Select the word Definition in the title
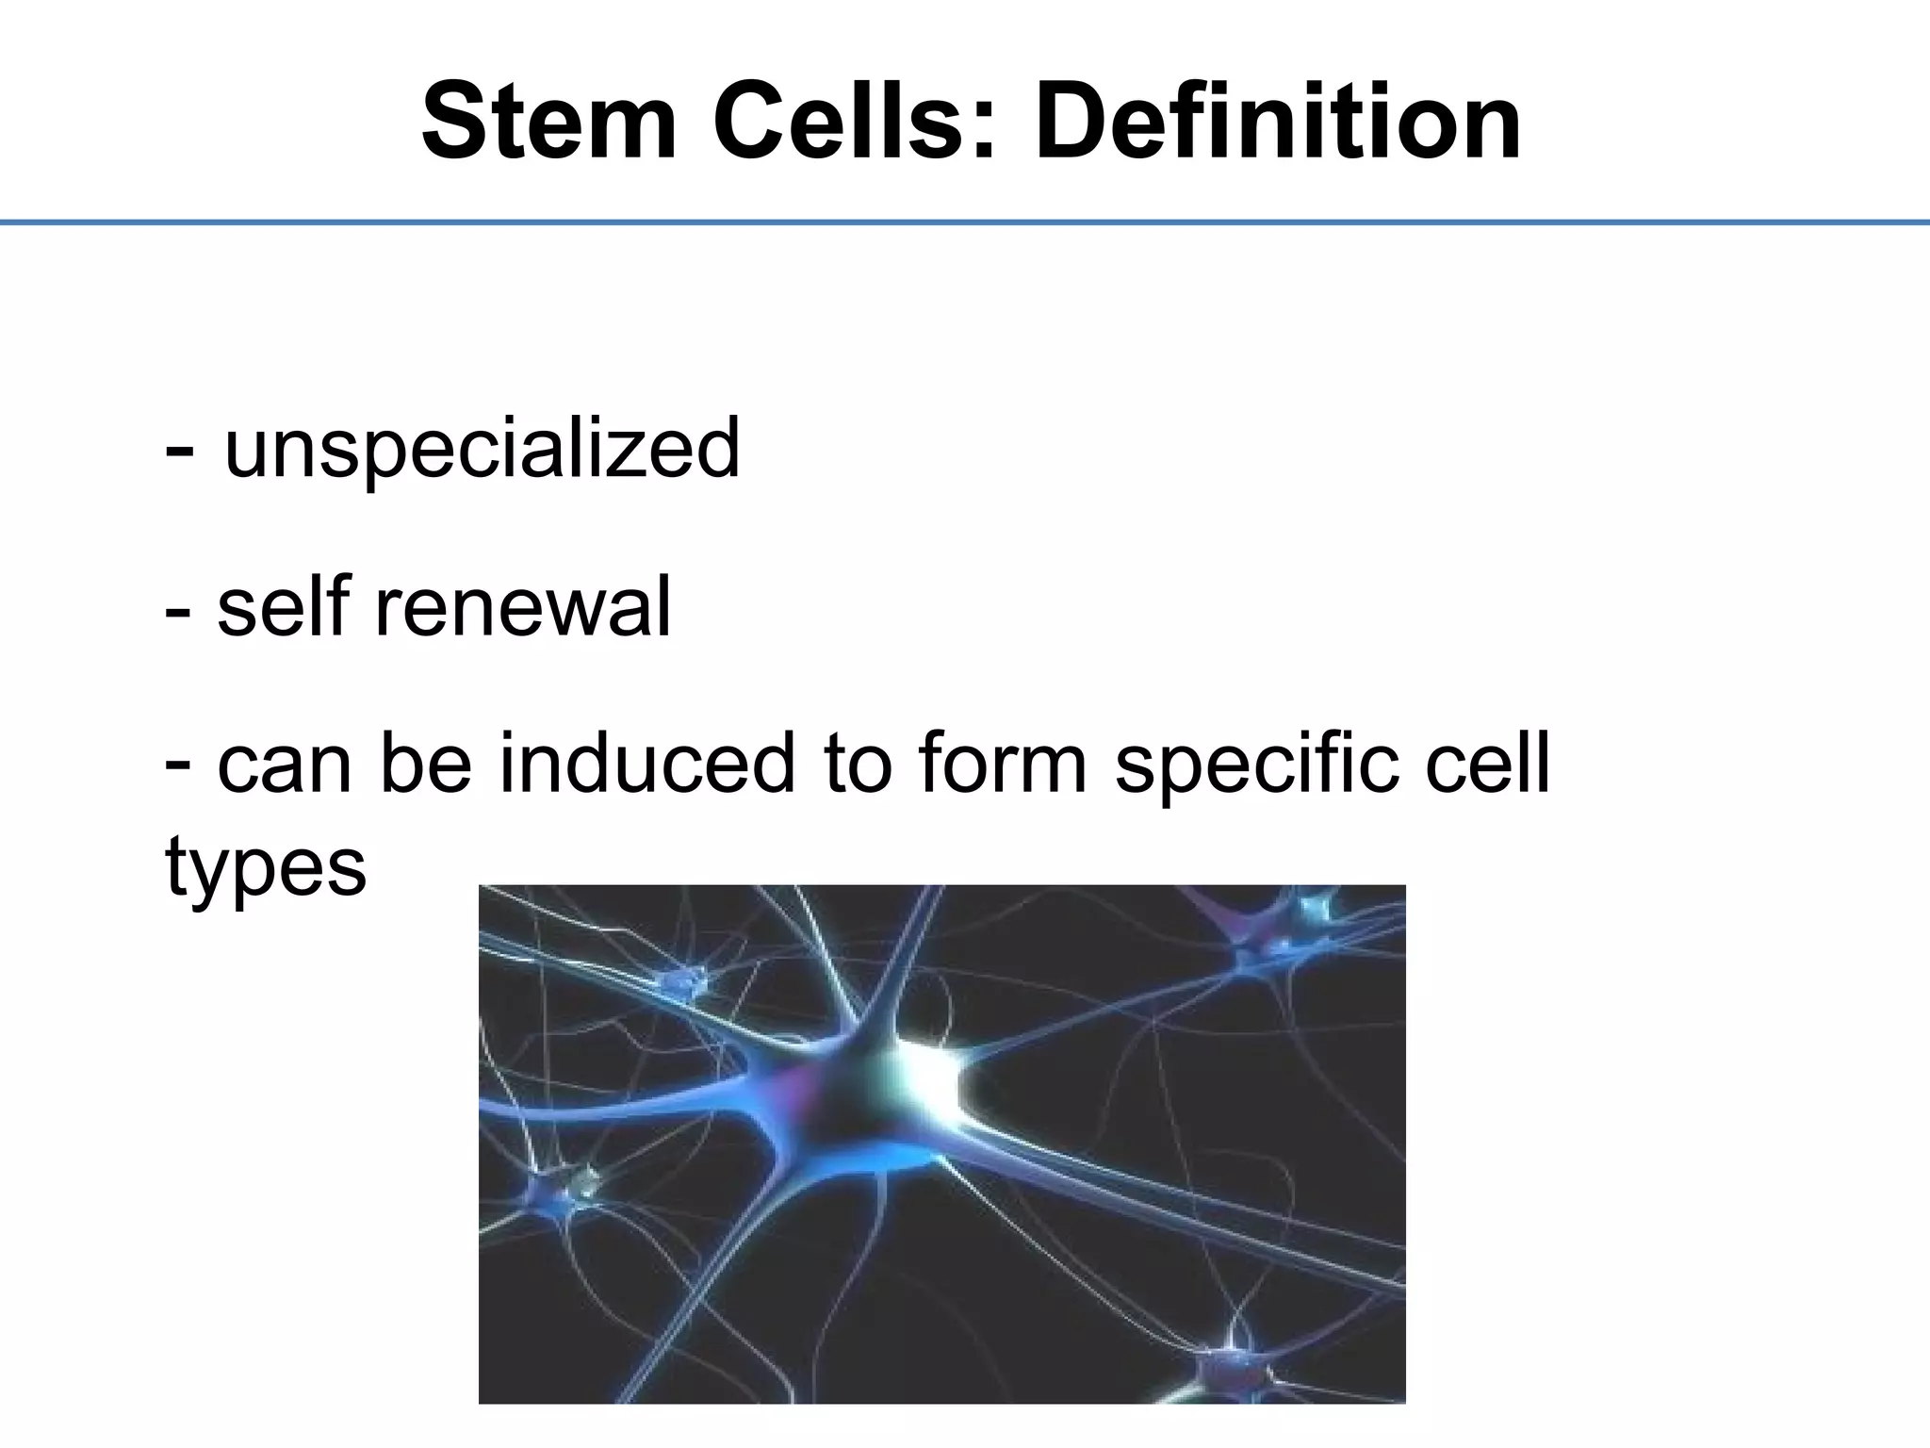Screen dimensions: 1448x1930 coord(1277,123)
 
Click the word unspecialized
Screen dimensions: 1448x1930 coord(482,449)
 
